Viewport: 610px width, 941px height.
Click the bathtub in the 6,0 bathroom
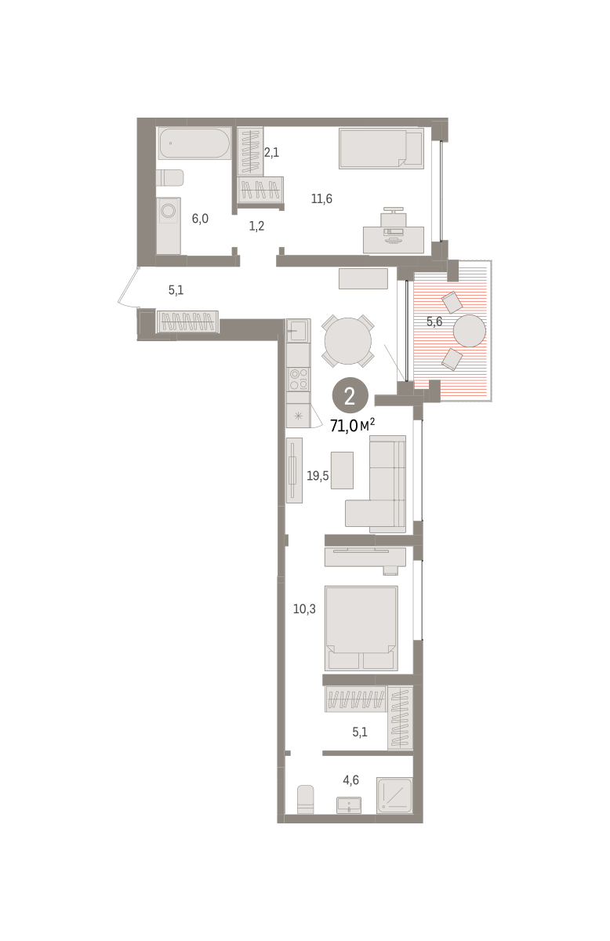tap(194, 144)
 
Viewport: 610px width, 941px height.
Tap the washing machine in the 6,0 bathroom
tap(169, 226)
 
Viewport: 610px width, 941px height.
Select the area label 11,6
tap(321, 198)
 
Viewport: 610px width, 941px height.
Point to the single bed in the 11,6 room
tap(381, 149)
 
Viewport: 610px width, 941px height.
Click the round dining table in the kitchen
tap(348, 340)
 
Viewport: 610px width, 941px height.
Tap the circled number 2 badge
tap(350, 397)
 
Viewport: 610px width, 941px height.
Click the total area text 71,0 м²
tap(352, 426)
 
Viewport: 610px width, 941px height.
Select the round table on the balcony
tap(470, 331)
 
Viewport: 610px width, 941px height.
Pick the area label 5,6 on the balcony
tap(434, 322)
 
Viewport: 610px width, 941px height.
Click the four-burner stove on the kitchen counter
tap(298, 379)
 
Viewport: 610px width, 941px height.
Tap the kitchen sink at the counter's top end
tap(298, 331)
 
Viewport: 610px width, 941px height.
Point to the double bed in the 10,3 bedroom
tap(361, 628)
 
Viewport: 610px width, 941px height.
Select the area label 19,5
tap(318, 476)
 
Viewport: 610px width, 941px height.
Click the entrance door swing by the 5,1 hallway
tap(128, 286)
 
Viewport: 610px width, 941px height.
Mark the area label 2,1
tap(271, 152)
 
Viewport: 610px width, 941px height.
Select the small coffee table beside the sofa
tap(342, 470)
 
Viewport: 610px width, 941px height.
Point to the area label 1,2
tap(256, 226)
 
